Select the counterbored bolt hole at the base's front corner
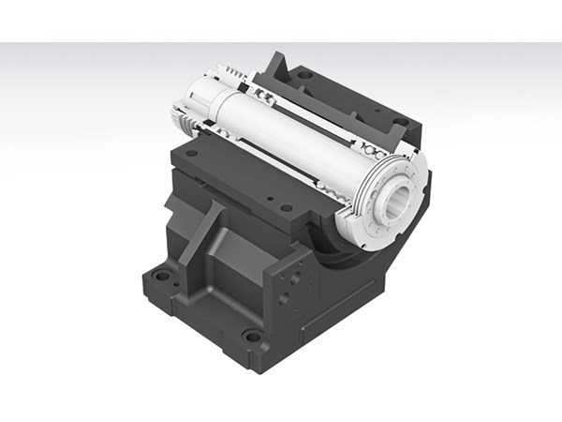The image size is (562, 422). pos(251,336)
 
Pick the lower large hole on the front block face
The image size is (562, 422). pos(284,300)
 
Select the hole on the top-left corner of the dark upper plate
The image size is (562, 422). pos(191,153)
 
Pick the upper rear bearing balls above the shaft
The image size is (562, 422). pos(262,94)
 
